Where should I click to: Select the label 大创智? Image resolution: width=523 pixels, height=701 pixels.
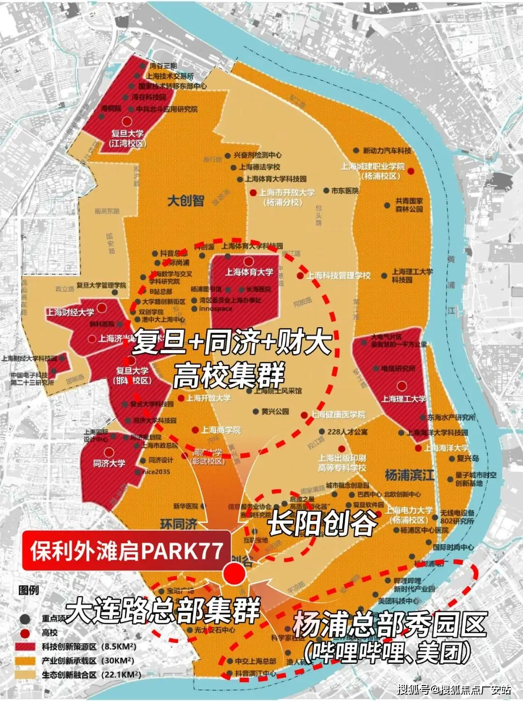click(x=186, y=200)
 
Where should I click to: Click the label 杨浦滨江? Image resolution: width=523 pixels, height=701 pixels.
click(x=409, y=475)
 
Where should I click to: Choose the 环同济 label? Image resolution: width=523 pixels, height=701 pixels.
click(x=179, y=524)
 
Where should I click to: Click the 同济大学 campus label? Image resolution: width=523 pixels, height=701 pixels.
click(x=109, y=463)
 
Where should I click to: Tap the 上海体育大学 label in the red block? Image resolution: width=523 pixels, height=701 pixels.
click(x=249, y=272)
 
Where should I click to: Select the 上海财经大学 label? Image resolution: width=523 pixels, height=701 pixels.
click(x=71, y=312)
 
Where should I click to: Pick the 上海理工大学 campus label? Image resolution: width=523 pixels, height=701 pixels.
click(x=403, y=399)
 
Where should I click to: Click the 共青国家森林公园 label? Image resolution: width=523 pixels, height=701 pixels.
click(x=409, y=205)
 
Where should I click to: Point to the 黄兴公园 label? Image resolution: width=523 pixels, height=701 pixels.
click(x=275, y=411)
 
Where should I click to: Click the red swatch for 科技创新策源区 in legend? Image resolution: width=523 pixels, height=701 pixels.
click(x=25, y=646)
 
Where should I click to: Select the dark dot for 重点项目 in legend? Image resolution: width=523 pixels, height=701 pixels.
click(x=25, y=619)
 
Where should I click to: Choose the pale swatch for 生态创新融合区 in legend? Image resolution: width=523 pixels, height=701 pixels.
click(x=25, y=674)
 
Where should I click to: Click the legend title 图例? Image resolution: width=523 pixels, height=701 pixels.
click(x=29, y=590)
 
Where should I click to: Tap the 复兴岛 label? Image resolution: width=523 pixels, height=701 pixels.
click(x=468, y=458)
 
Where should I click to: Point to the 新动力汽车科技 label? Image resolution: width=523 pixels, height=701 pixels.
click(x=387, y=151)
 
